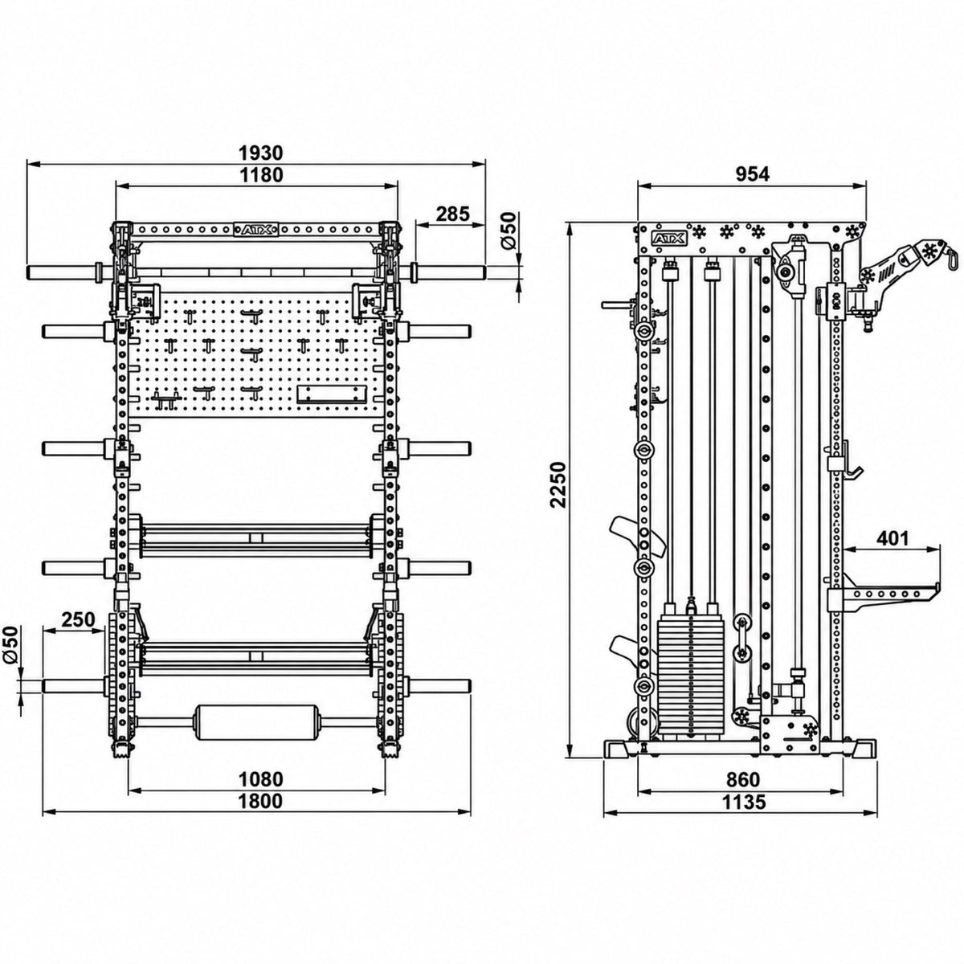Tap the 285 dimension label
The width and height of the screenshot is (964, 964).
[x=453, y=214]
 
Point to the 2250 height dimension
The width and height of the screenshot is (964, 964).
[x=557, y=484]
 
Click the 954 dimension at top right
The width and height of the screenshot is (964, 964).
[x=752, y=174]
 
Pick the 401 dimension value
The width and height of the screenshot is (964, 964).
[x=892, y=538]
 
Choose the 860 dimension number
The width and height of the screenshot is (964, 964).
[x=743, y=779]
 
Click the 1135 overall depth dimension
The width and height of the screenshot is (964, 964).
[x=743, y=802]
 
